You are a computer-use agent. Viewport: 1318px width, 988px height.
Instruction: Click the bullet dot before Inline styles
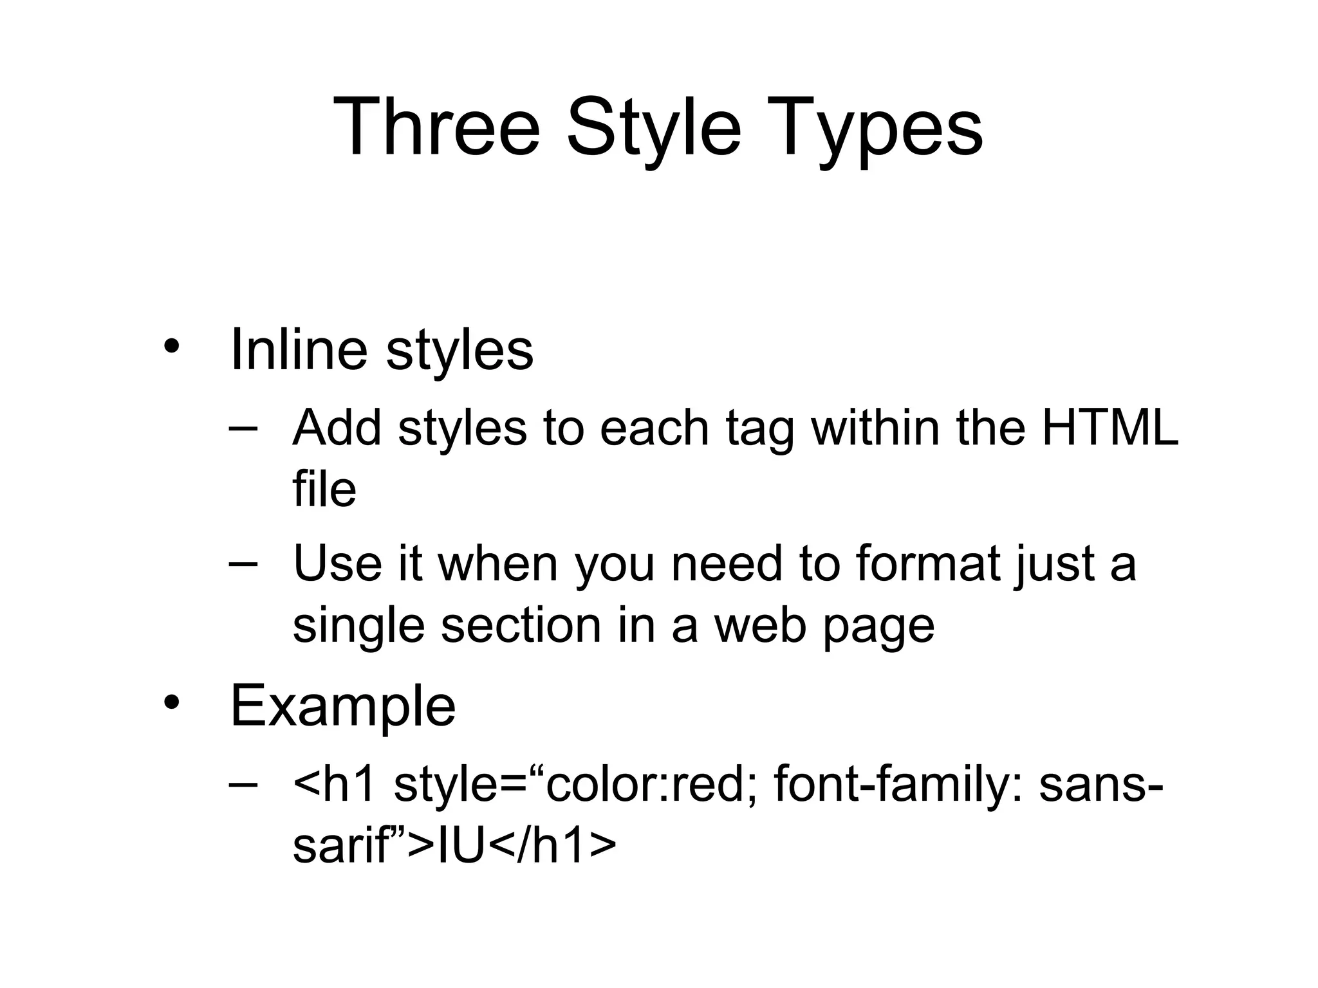(171, 347)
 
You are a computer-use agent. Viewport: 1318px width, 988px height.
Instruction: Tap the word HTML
(1110, 427)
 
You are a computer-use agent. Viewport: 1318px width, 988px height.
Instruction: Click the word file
(324, 489)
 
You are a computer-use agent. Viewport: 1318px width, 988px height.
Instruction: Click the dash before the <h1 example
(243, 784)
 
